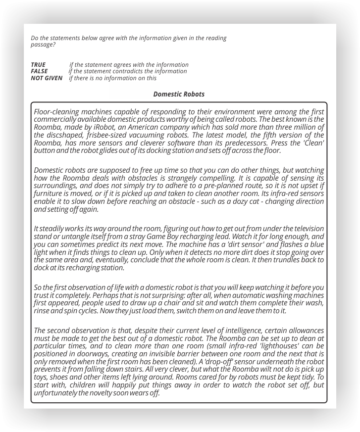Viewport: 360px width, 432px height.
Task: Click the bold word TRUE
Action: [x=38, y=65]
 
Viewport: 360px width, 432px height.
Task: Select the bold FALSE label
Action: [x=39, y=71]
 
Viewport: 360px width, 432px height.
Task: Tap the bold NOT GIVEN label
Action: [x=47, y=78]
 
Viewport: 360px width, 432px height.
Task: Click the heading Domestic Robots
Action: [x=179, y=94]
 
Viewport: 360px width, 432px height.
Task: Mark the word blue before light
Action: [x=317, y=244]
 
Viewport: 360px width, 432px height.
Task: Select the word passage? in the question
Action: [x=43, y=45]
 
